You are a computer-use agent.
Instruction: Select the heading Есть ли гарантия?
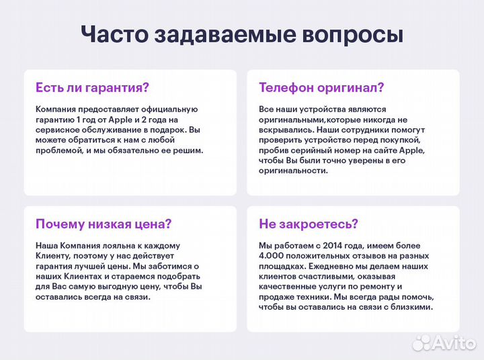92,87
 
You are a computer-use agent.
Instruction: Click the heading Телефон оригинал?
321,87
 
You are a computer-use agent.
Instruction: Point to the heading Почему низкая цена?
104,224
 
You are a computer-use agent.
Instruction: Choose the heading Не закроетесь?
309,224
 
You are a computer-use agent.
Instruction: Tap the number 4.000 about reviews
272,256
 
